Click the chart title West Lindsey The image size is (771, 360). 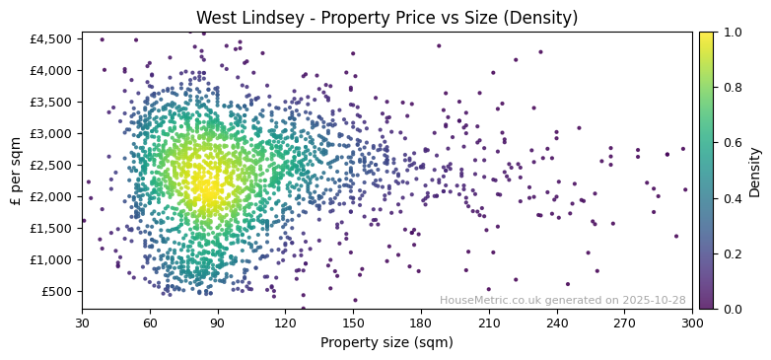click(x=386, y=18)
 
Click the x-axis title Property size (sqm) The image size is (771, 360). click(x=386, y=343)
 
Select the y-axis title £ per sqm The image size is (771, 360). click(x=16, y=171)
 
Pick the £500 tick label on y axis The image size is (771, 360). click(x=57, y=291)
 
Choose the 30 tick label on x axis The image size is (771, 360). click(x=82, y=323)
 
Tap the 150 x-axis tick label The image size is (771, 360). click(x=353, y=323)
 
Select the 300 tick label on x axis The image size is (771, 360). click(x=692, y=323)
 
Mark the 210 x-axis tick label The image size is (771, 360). click(x=489, y=323)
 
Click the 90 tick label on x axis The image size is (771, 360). click(x=218, y=323)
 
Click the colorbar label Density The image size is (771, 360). click(x=755, y=171)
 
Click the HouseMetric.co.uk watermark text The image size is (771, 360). click(x=562, y=300)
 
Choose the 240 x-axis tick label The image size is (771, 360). click(x=557, y=323)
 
